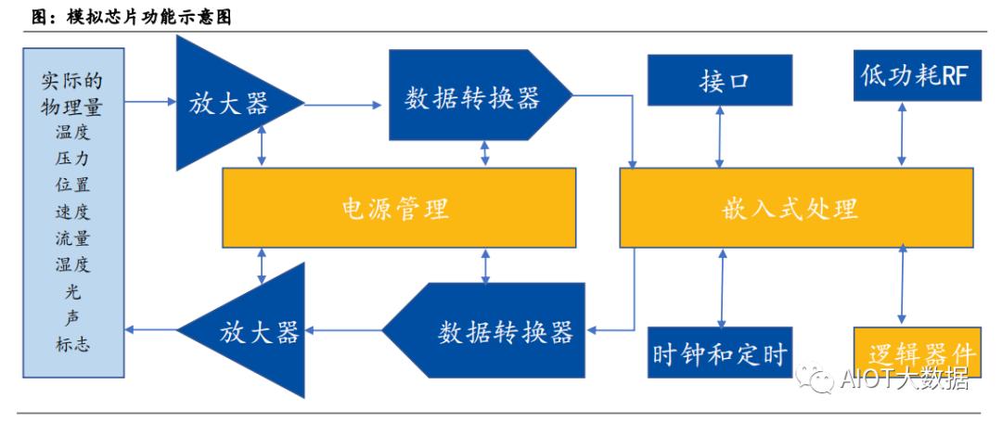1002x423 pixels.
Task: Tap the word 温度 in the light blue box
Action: pyautogui.click(x=72, y=133)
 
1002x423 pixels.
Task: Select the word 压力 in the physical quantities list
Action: pyautogui.click(x=72, y=159)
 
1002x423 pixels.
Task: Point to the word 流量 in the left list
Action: pyautogui.click(x=72, y=238)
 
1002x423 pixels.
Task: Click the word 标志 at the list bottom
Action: pyautogui.click(x=72, y=344)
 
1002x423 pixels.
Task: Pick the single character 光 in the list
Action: pyautogui.click(x=72, y=292)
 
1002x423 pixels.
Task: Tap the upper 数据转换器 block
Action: pyautogui.click(x=473, y=96)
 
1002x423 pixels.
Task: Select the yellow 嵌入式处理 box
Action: pyautogui.click(x=793, y=209)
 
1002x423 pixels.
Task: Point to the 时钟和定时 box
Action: pyautogui.click(x=720, y=353)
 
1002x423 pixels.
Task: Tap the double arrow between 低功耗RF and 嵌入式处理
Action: pyautogui.click(x=899, y=136)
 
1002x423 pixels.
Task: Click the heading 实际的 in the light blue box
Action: pyautogui.click(x=72, y=82)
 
